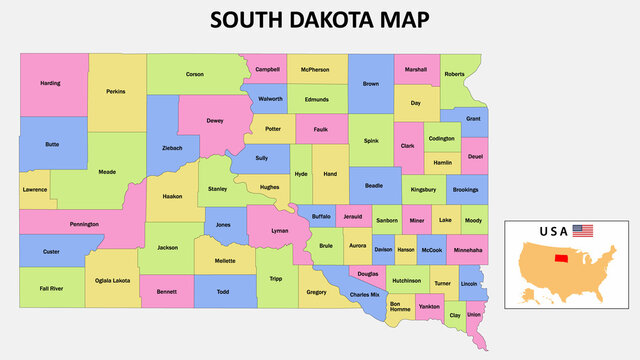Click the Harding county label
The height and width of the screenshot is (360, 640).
50,83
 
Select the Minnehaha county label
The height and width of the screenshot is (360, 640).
467,249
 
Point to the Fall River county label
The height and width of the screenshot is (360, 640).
51,288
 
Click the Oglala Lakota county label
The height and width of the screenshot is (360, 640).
111,281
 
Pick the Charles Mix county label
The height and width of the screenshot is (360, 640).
364,294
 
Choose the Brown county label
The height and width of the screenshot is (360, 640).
371,84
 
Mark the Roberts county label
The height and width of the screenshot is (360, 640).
454,74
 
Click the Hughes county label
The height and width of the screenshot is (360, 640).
269,187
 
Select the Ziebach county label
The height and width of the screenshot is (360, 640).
172,148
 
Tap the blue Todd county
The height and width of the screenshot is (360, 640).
223,292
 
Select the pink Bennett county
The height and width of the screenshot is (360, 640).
166,292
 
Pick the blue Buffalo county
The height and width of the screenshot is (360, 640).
321,216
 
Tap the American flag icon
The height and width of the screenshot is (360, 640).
582,231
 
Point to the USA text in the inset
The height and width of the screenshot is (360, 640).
554,231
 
